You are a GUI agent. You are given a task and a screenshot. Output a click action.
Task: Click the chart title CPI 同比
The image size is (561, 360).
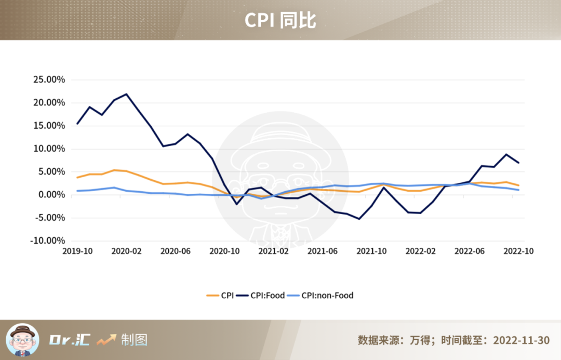(280, 20)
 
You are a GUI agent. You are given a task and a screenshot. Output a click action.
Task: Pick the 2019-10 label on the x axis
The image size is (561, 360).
(77, 251)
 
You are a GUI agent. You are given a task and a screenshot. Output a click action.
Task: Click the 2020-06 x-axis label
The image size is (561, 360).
(176, 251)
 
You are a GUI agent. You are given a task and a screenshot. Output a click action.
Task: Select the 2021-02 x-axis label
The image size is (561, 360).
(273, 251)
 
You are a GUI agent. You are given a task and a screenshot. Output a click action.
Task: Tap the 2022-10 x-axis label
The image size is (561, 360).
(518, 251)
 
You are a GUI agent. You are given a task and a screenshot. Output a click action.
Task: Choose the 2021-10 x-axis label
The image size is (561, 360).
(371, 251)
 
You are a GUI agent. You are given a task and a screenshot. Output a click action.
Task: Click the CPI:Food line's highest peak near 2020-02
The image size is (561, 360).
(126, 94)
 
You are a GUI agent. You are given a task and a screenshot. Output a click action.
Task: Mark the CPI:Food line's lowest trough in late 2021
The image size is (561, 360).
(359, 219)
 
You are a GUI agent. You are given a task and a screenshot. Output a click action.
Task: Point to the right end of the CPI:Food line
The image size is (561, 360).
(518, 163)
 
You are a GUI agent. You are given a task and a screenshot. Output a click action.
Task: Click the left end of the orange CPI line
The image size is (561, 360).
(77, 178)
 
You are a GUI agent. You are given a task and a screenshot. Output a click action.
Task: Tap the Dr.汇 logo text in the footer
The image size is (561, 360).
(70, 340)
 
